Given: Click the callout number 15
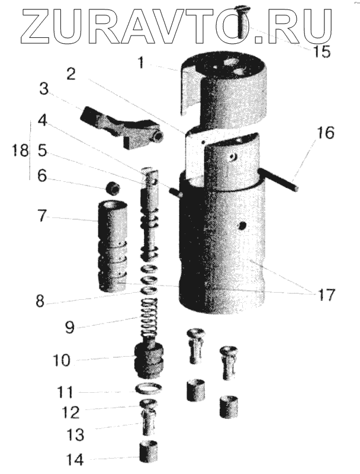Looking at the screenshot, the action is click(x=322, y=51).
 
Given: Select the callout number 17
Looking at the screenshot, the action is click(x=326, y=294).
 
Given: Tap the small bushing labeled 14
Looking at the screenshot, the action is click(x=152, y=454).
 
